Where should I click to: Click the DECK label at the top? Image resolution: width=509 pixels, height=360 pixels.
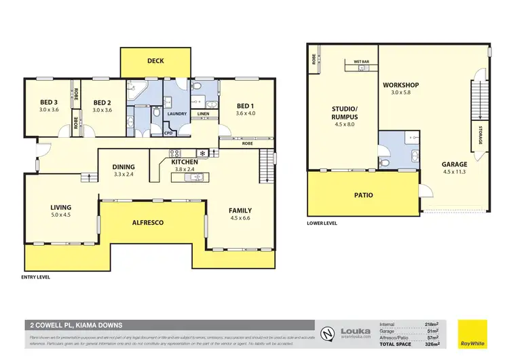(x=155, y=61)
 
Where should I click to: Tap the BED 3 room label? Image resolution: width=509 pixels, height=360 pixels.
(x=50, y=103)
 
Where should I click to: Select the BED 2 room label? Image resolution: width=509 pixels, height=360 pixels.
(x=102, y=103)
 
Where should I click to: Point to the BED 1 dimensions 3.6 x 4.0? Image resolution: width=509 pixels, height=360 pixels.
(x=245, y=115)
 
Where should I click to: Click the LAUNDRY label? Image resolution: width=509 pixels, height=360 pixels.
(x=177, y=113)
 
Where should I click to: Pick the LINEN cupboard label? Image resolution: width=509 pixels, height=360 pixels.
(x=203, y=113)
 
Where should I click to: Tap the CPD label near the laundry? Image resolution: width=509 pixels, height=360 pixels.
(x=169, y=133)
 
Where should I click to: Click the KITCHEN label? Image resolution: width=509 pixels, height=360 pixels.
(x=185, y=162)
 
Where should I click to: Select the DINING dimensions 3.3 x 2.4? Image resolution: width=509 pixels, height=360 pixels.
(x=124, y=175)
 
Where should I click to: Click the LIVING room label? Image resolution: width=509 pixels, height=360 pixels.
(x=60, y=207)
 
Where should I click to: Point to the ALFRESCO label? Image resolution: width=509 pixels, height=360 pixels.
(x=151, y=222)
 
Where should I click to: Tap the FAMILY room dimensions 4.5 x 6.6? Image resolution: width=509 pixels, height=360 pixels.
(x=240, y=219)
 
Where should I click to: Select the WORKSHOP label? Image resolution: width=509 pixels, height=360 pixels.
(x=400, y=85)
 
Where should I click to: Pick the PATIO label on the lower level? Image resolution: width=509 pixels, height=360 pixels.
(x=362, y=195)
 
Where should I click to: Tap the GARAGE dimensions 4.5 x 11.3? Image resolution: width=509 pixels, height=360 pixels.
(x=455, y=173)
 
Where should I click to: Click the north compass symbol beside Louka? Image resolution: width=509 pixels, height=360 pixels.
(x=328, y=333)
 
